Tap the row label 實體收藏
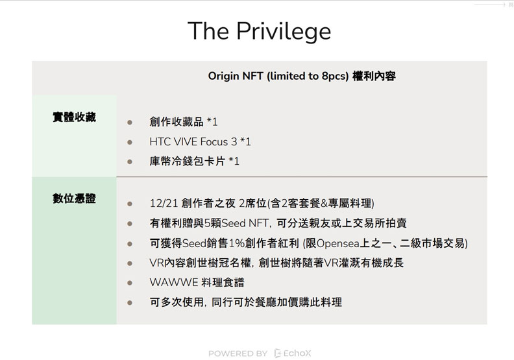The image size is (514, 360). pos(74,117)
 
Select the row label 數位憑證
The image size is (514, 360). pos(74,198)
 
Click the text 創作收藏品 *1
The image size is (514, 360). pos(183,122)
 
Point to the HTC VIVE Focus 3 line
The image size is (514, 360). pos(200,141)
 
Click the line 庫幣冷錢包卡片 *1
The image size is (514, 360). pos(194,161)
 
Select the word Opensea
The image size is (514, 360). pos(339,243)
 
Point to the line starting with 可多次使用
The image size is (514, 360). pos(245,302)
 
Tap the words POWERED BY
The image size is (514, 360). pos(238,353)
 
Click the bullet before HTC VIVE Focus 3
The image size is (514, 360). pos(130,141)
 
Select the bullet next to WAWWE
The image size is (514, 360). pos(130,282)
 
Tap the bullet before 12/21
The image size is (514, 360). pos(130,203)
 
